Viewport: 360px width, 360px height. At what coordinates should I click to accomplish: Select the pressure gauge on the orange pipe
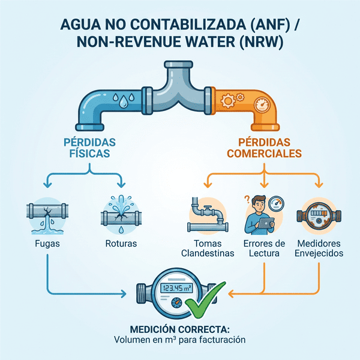pos(263,106)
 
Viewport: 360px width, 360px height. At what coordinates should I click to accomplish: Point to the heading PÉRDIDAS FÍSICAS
pos(89,148)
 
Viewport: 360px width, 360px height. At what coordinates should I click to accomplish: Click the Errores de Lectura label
pos(264,248)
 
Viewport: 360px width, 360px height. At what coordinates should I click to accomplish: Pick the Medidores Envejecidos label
pos(319,248)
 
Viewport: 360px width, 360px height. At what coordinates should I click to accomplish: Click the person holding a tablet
pos(260,216)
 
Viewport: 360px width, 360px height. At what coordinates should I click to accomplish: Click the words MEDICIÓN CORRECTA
pos(179,329)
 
